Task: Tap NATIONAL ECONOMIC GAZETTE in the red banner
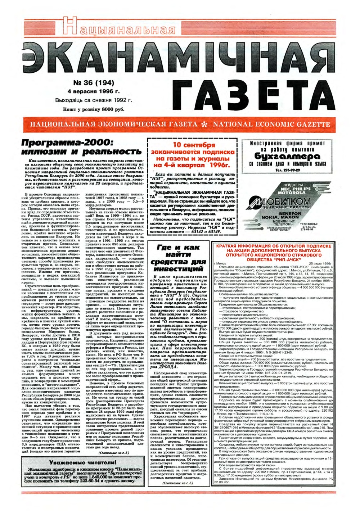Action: coord(271,125)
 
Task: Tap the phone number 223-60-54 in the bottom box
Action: coord(82,480)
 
